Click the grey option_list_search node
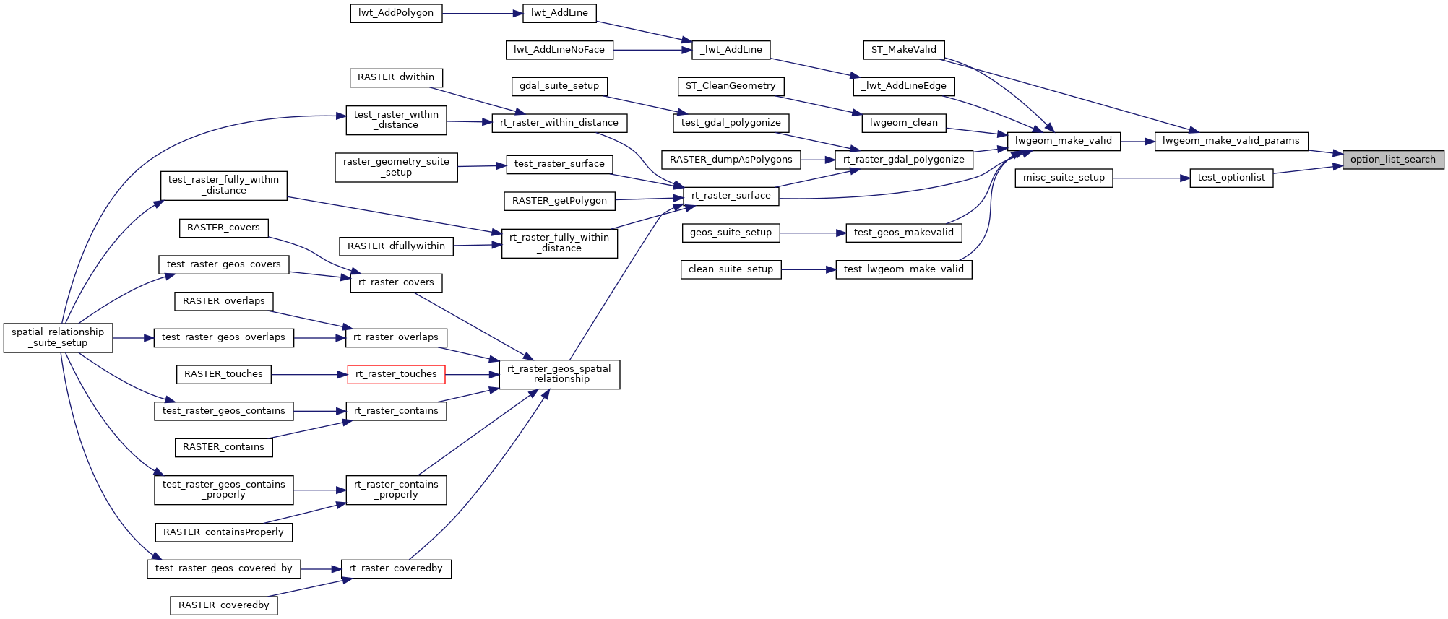click(1392, 160)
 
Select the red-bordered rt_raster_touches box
click(396, 374)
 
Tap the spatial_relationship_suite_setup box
click(58, 337)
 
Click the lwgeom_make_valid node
click(1063, 141)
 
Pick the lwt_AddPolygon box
click(396, 13)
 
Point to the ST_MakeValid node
click(903, 50)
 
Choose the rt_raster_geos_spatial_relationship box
click(559, 374)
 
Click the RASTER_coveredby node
click(224, 605)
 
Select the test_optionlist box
click(1231, 178)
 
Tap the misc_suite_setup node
click(1064, 178)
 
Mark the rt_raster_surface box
click(731, 196)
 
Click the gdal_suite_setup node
click(559, 86)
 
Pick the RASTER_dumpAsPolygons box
click(731, 160)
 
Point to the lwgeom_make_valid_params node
click(1231, 141)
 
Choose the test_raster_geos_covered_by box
click(224, 568)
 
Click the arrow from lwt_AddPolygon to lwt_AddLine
click(482, 13)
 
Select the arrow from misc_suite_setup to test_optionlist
click(1151, 178)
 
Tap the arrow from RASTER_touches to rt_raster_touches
click(309, 374)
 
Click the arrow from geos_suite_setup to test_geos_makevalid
click(813, 233)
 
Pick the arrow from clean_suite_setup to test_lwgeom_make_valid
click(809, 269)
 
